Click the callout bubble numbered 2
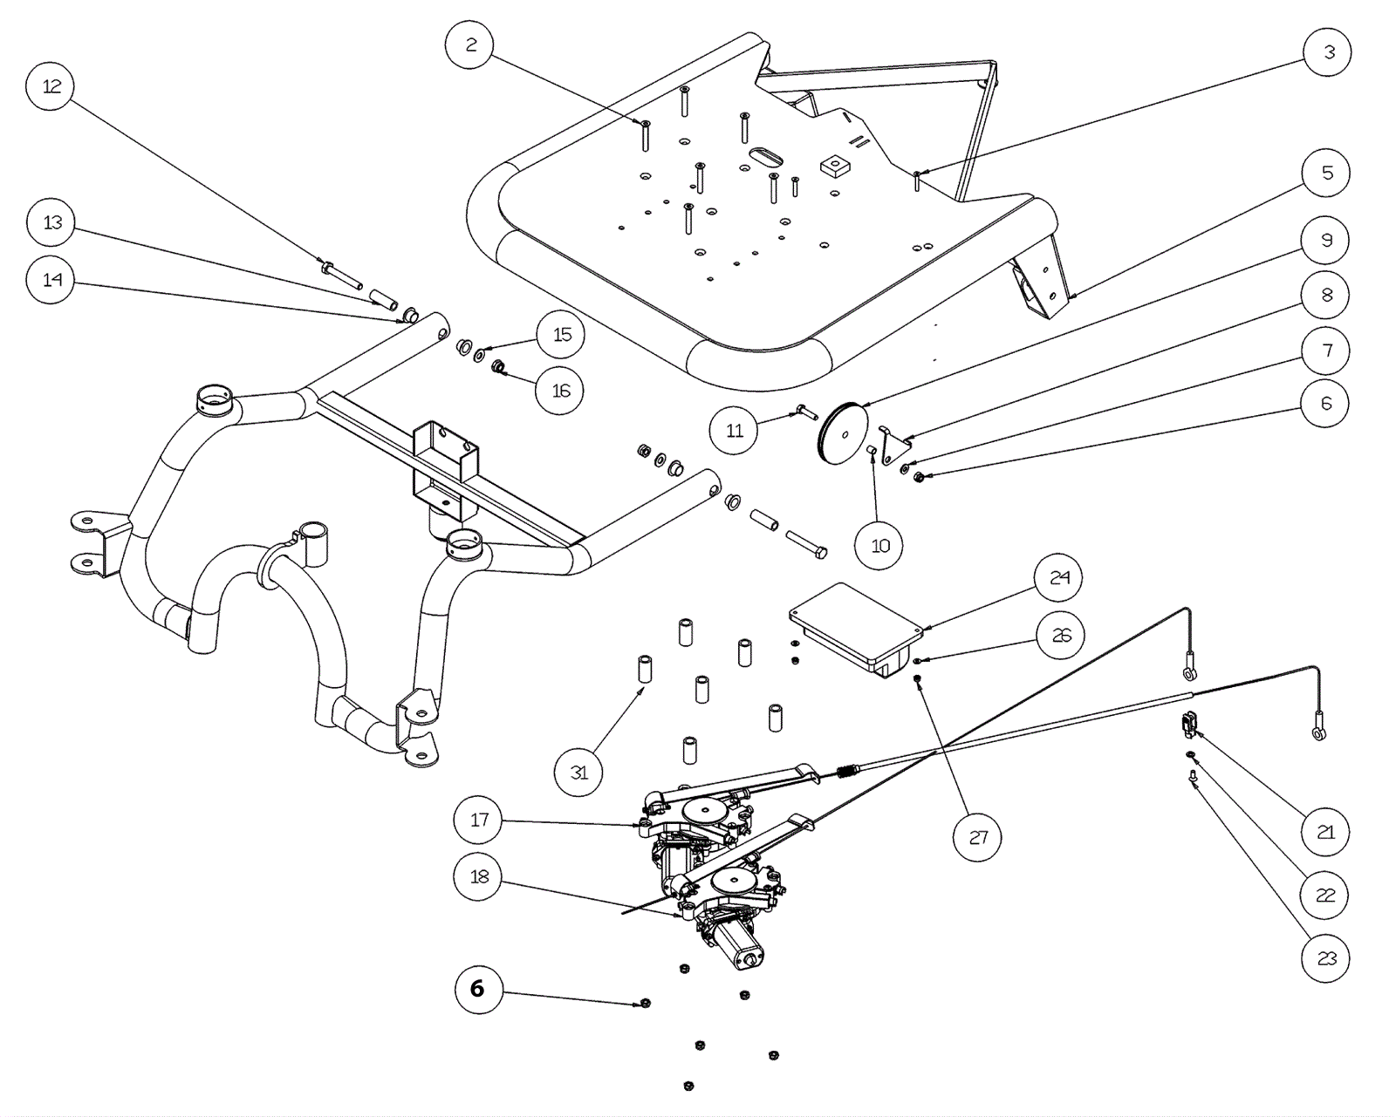[x=470, y=44]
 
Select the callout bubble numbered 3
[x=1328, y=52]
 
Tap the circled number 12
[x=51, y=86]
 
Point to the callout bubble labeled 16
[x=560, y=391]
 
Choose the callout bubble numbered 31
[x=578, y=772]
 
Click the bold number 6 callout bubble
[x=479, y=989]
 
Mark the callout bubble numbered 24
[x=1059, y=578]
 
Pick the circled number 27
[x=977, y=838]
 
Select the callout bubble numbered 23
[x=1325, y=959]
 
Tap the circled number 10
[x=879, y=546]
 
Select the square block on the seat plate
[x=835, y=165]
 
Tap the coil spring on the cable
[x=847, y=770]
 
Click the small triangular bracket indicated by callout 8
[x=892, y=444]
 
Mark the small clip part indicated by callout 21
[x=1188, y=722]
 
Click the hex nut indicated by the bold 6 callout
[x=645, y=1004]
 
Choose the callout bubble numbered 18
[x=478, y=876]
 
